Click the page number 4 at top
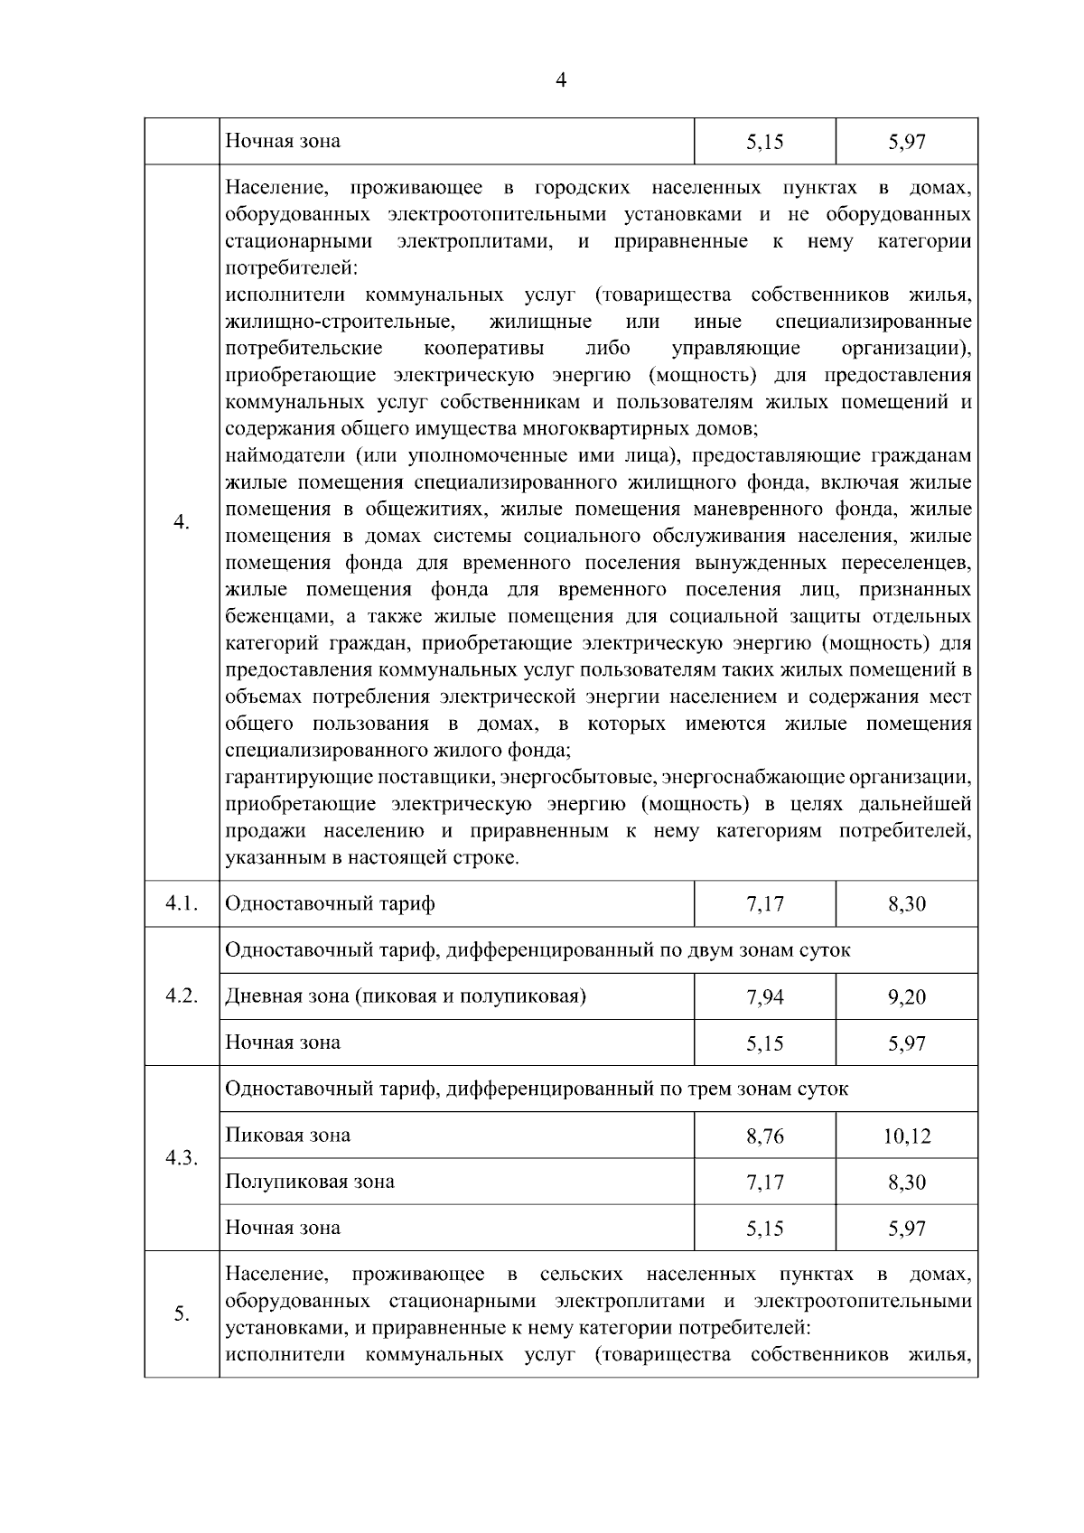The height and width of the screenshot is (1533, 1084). [561, 80]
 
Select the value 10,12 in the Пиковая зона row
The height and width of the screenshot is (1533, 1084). [907, 1136]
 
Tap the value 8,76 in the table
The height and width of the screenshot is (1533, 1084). [765, 1136]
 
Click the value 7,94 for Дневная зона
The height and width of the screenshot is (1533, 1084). [765, 997]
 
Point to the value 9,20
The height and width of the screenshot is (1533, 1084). [907, 997]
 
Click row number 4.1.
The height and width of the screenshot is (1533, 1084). [182, 903]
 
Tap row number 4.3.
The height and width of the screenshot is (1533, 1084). [182, 1158]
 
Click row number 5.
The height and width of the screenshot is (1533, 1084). [182, 1313]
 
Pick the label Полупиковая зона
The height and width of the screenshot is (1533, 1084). [310, 1182]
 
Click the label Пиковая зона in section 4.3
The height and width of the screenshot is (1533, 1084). [288, 1135]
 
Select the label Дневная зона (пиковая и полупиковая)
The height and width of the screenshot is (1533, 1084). [406, 996]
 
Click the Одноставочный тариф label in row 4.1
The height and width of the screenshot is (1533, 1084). [330, 903]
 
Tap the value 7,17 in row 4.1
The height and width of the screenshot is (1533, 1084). [765, 904]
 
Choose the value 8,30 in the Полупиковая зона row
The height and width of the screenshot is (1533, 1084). [907, 1182]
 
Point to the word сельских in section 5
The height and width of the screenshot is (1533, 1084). [581, 1275]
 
